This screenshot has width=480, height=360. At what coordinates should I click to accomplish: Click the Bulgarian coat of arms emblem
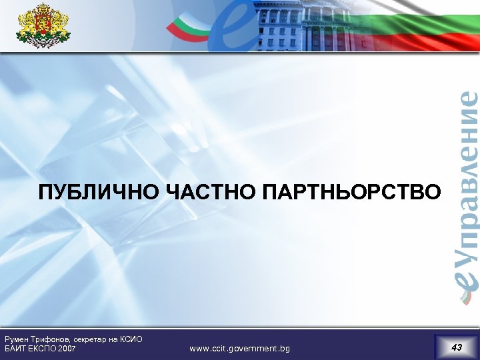tap(43, 26)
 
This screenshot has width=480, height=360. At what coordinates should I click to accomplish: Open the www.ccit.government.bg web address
tap(240, 349)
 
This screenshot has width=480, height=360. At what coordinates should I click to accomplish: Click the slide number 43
tap(457, 347)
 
